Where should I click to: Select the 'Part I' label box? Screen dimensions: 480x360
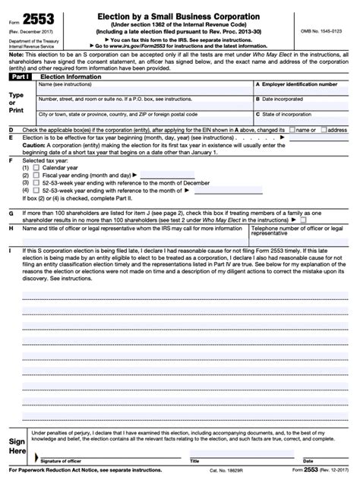coord(19,76)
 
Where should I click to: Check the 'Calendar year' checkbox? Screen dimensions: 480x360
coord(37,167)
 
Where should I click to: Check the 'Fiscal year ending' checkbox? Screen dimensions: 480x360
coord(37,175)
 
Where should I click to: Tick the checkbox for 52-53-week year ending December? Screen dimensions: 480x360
coord(37,183)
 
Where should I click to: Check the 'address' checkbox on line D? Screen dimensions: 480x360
coord(324,130)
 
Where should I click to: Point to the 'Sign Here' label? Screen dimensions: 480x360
coord(17,446)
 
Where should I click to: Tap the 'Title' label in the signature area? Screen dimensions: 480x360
coord(194,460)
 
